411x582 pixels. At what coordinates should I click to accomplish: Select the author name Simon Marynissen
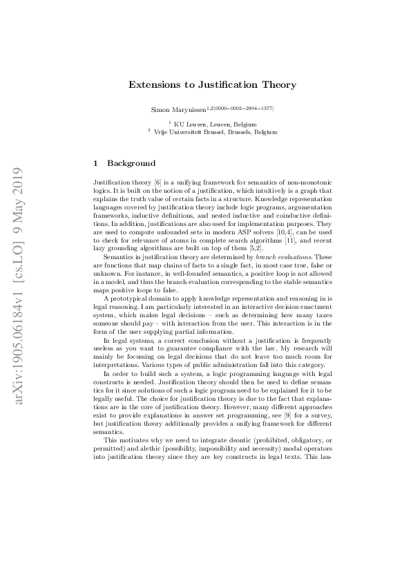(178, 109)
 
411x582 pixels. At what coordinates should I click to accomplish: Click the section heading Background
(131, 164)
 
